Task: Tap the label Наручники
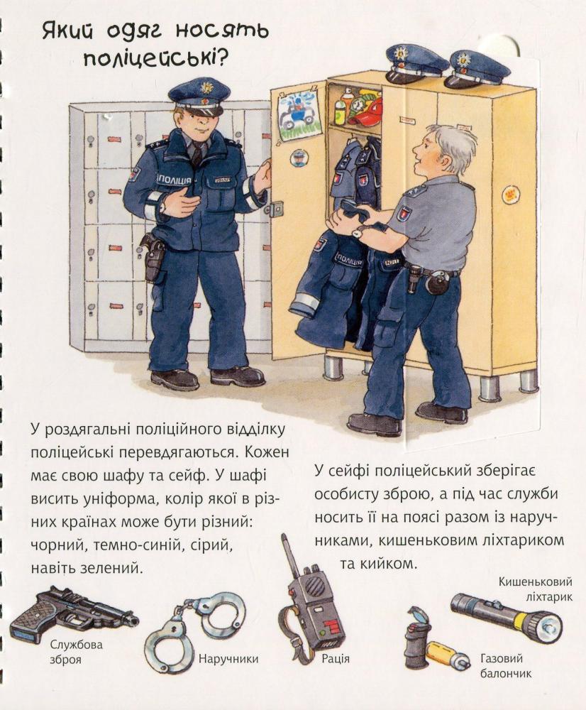tap(228, 658)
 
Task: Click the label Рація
tap(336, 658)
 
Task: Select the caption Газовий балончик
tap(505, 666)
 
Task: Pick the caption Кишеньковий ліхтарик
tap(536, 589)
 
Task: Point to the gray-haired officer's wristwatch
tap(358, 233)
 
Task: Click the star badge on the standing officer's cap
tap(206, 87)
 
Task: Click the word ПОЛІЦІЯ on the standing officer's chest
tap(175, 180)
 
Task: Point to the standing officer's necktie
tap(197, 154)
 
